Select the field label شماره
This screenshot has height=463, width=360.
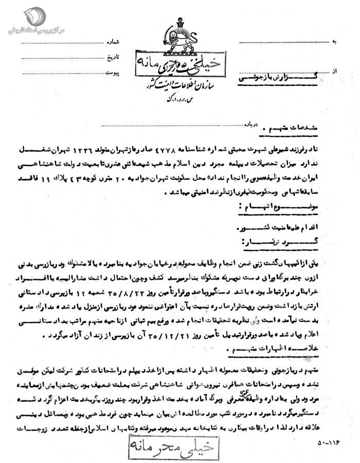coord(113,41)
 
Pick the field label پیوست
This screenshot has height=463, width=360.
coord(113,73)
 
